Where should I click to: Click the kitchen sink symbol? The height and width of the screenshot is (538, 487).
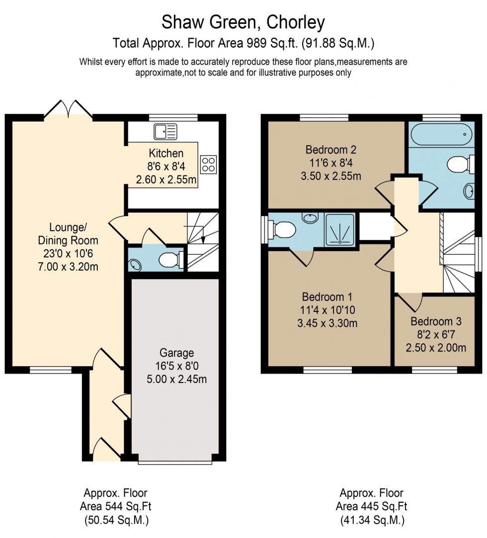(x=165, y=132)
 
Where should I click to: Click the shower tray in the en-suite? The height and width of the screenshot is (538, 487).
(x=340, y=229)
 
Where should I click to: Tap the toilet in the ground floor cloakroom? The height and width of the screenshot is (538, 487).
(x=170, y=259)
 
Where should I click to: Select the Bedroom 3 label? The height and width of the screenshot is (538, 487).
(x=432, y=321)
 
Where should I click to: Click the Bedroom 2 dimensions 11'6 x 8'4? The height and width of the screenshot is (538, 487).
(x=331, y=162)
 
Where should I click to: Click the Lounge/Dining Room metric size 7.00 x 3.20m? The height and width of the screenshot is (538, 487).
(x=68, y=266)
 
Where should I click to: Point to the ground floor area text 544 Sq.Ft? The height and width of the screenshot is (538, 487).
(x=115, y=507)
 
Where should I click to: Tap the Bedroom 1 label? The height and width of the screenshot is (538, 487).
(x=327, y=297)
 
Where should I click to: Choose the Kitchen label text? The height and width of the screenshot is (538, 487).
(x=166, y=154)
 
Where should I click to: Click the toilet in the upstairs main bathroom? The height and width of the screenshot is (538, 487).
(x=460, y=163)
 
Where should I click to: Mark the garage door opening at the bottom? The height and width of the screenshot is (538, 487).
(x=175, y=462)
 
